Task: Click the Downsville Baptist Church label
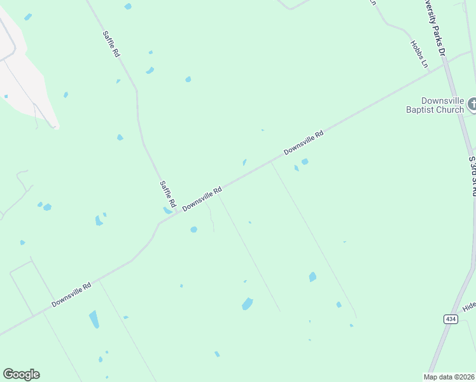point(435,105)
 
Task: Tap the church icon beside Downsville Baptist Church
point(472,103)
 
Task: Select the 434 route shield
point(451,319)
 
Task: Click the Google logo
point(21,374)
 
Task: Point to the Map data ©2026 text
point(449,377)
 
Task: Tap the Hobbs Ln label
point(419,54)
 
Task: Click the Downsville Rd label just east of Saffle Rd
point(202,199)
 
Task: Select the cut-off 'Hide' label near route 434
point(469,306)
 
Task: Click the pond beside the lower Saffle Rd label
point(167,209)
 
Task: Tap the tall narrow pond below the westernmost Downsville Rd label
point(94,319)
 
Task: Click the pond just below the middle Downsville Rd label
point(193,229)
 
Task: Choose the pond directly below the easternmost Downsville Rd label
point(305,162)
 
